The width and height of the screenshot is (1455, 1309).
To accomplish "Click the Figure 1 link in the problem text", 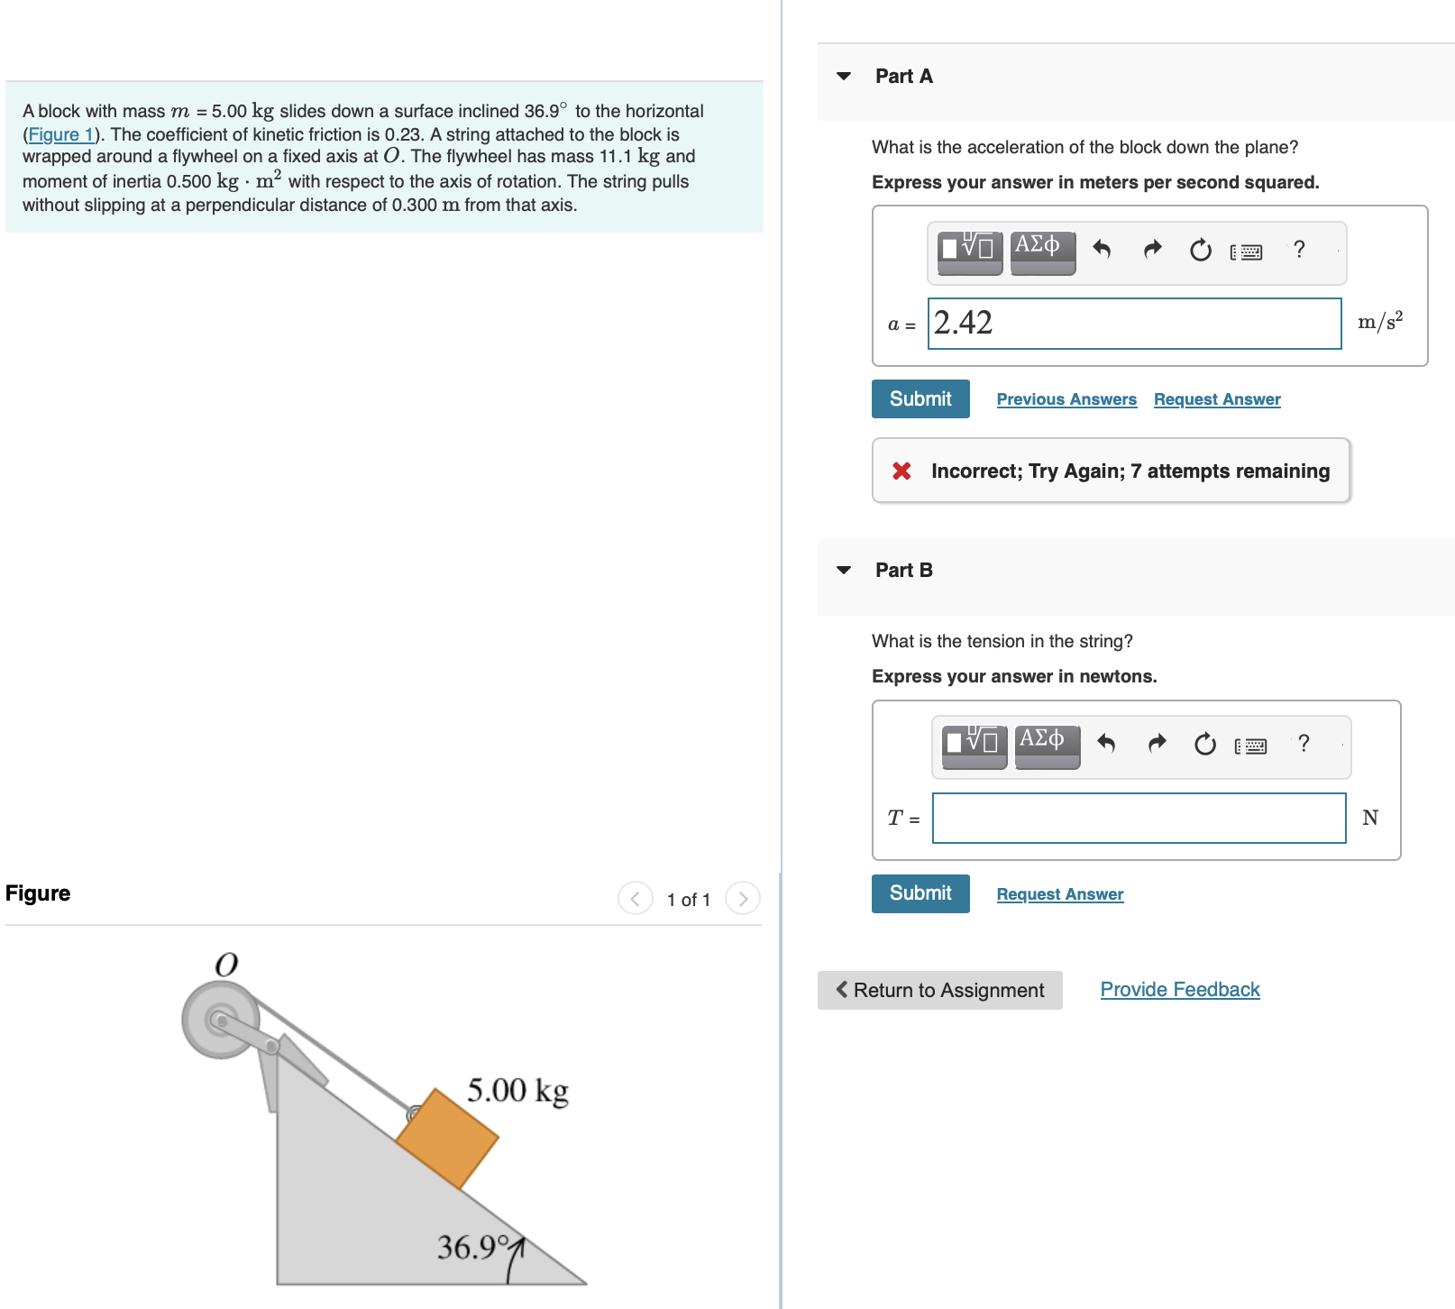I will point(60,135).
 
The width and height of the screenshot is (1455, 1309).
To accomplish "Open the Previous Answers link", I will point(1066,399).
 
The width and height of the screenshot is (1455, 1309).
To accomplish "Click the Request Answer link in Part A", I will point(1217,399).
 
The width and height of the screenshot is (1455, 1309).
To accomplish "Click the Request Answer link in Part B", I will point(1060,894).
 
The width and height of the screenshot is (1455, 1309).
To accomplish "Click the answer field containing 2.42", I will point(1134,324).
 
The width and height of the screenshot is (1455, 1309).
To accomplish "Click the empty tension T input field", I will point(1139,819).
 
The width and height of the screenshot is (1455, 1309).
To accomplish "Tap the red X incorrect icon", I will point(901,471).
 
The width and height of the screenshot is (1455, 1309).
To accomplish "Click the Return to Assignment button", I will point(940,990).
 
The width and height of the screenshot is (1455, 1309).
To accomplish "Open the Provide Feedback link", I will point(1180,990).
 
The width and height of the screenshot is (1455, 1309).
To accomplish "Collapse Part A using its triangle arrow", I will point(844,77).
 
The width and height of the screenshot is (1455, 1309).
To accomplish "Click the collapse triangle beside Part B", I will point(844,571).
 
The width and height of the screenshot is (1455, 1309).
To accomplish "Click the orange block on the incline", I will point(447,1139).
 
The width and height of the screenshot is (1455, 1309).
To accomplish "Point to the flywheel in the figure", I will point(220,1021).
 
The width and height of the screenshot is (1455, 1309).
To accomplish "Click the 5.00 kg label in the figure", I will point(517,1091).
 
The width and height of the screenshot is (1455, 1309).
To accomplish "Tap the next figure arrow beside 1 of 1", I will point(743,899).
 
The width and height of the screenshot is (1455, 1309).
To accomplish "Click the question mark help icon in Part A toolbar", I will point(1299,250).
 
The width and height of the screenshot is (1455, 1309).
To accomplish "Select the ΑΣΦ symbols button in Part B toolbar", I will point(1048,746).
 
